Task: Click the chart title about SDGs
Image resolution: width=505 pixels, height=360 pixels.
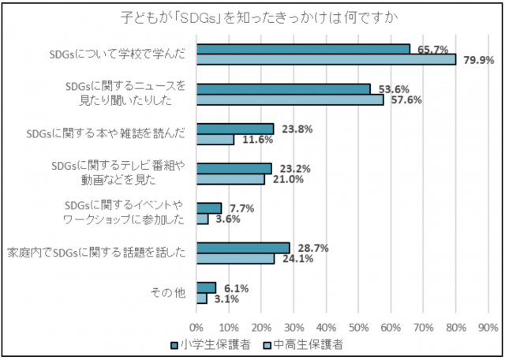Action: point(253,17)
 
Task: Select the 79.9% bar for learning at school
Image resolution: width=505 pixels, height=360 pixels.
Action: point(326,59)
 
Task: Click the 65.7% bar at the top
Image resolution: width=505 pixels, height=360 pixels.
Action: point(303,49)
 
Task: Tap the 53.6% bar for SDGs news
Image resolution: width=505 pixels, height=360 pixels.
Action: point(283,89)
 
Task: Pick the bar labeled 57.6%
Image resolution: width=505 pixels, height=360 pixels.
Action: point(290,99)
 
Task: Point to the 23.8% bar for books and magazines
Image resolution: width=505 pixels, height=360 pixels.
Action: point(235,129)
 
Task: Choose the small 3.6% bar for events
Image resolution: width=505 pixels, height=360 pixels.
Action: point(202,219)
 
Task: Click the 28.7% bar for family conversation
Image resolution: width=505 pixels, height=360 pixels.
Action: point(243,248)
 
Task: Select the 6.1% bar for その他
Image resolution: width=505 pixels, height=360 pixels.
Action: point(206,287)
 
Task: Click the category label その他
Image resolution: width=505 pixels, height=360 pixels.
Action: point(167,293)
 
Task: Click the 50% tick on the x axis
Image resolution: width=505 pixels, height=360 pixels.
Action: point(358,326)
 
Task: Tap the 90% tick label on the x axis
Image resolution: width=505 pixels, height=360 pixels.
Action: point(488,326)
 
